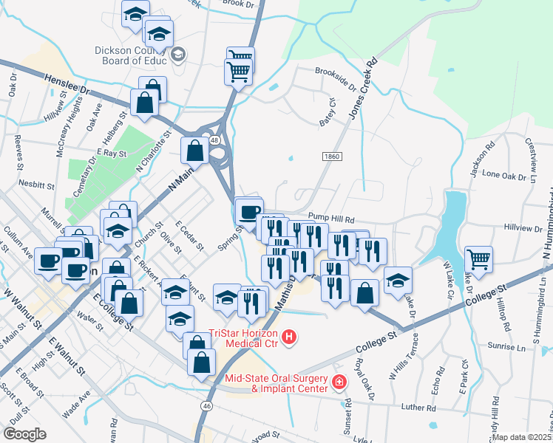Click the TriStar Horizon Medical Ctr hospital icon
(x=290, y=338)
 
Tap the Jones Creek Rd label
(x=364, y=88)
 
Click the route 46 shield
(x=207, y=405)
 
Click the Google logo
(x=25, y=434)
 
